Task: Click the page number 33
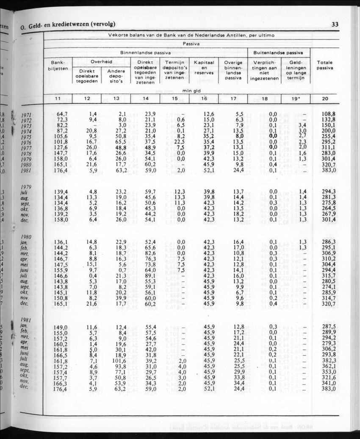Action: click(x=335, y=25)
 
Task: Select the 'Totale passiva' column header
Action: click(x=325, y=65)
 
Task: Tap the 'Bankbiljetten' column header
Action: click(x=58, y=65)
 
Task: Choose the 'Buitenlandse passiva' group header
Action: click(x=278, y=53)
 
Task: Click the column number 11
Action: click(x=58, y=99)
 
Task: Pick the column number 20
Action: click(x=325, y=99)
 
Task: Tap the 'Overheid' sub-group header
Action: click(x=102, y=62)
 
